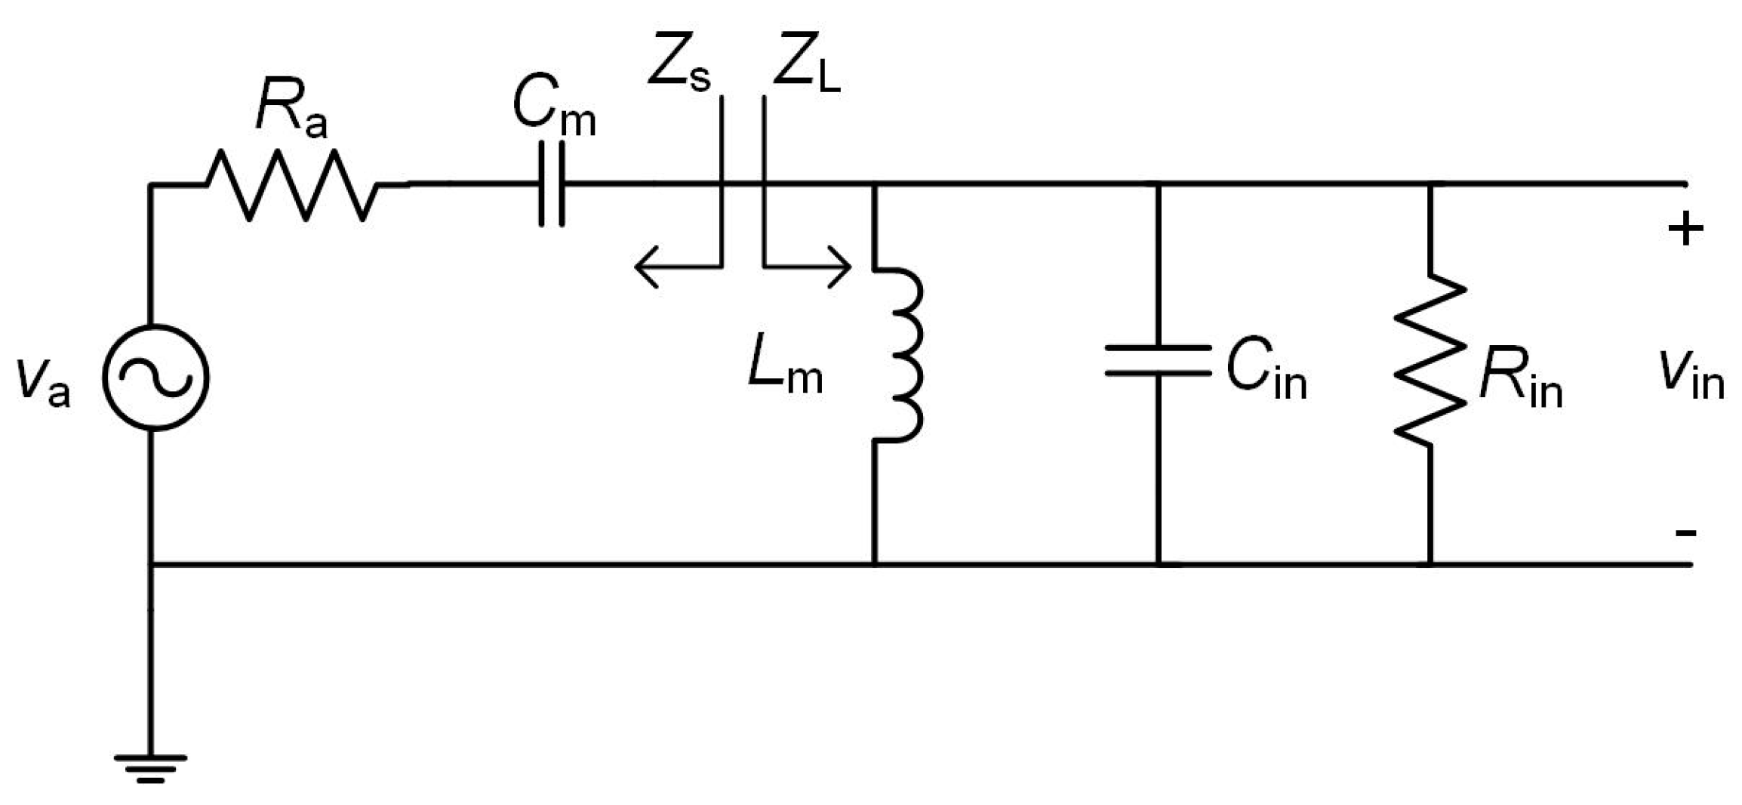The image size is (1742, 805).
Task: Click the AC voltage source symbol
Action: (x=155, y=378)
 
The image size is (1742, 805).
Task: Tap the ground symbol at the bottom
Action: (x=150, y=767)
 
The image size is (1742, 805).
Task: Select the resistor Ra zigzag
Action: (x=292, y=185)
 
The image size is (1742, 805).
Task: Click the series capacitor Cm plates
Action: (x=552, y=184)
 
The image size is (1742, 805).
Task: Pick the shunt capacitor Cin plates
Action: (x=1158, y=360)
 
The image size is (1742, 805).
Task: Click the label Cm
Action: (x=553, y=106)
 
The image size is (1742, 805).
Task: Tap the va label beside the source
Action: (x=44, y=381)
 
